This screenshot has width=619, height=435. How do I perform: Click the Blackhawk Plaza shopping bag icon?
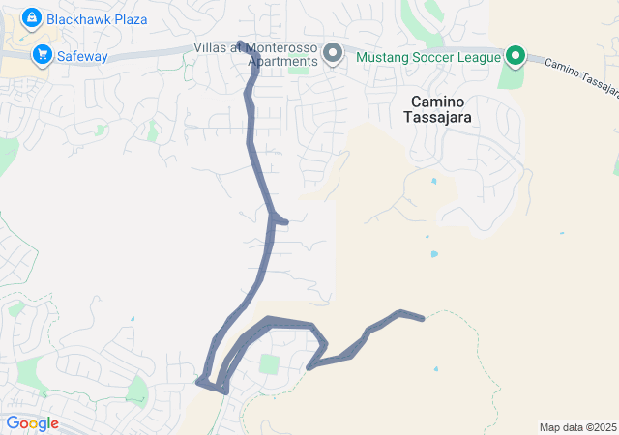tap(32, 17)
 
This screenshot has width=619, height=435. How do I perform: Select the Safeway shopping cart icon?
tap(42, 55)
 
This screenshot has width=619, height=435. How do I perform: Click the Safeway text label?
tap(82, 56)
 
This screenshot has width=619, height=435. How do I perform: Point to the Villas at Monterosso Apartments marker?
tap(334, 53)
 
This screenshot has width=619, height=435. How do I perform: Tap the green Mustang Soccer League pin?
tap(516, 55)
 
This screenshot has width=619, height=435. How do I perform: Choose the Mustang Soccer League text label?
tap(429, 56)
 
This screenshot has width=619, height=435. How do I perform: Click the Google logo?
tap(31, 423)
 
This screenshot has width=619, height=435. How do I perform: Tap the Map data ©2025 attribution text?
tap(577, 427)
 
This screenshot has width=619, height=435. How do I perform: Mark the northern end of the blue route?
tap(240, 43)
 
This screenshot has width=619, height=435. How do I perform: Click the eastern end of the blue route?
tap(422, 318)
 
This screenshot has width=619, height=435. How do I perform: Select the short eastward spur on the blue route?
tap(281, 221)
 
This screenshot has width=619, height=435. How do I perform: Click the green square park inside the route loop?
tap(269, 364)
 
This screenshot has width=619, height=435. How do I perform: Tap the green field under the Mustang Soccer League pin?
tap(510, 75)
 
